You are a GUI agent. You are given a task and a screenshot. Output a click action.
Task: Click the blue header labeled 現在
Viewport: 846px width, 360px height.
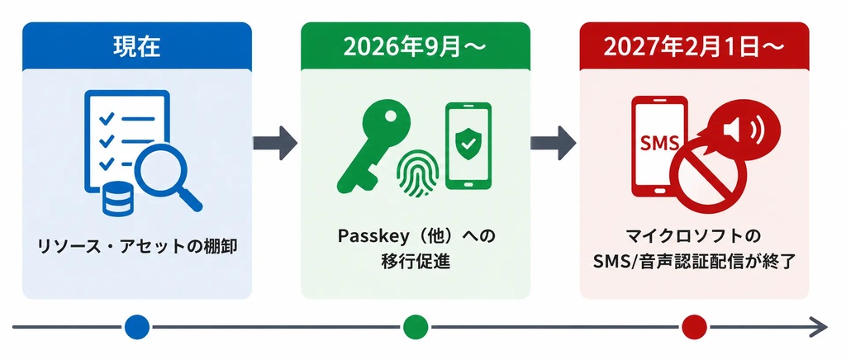click(137, 46)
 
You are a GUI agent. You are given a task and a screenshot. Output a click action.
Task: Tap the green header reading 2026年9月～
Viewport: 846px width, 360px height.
click(416, 46)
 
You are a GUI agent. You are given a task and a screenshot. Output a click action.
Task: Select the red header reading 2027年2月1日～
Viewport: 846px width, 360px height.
click(694, 46)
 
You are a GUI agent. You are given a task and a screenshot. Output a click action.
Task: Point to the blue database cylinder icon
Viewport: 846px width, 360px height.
click(116, 198)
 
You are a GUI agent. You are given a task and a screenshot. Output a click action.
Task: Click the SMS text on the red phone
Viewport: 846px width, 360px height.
click(658, 143)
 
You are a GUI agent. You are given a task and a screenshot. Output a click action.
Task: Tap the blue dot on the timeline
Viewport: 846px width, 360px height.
click(136, 327)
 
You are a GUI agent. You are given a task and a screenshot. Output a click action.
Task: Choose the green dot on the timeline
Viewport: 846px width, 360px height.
click(416, 327)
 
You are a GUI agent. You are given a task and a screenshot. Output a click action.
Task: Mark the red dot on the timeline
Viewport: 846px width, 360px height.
click(694, 327)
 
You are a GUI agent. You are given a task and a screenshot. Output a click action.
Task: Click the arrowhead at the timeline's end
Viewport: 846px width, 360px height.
click(820, 327)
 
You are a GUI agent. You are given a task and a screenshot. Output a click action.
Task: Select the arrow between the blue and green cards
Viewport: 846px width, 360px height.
click(275, 143)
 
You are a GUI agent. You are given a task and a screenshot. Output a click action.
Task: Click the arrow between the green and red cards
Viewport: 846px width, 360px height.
click(554, 143)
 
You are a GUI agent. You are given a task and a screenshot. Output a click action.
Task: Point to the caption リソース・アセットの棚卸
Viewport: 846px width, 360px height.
click(137, 248)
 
